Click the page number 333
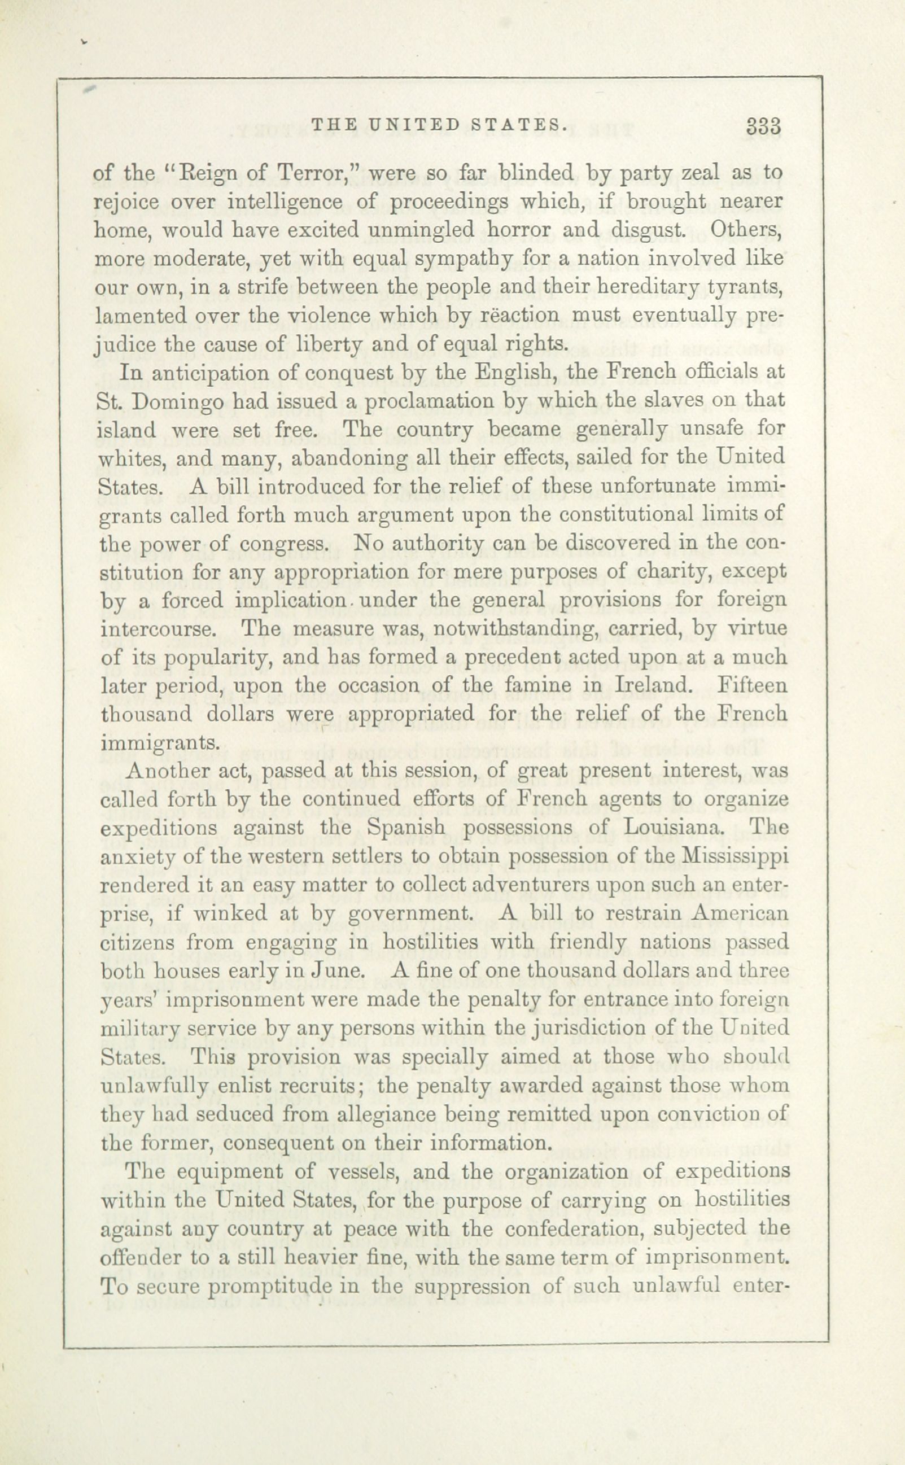point(764,126)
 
